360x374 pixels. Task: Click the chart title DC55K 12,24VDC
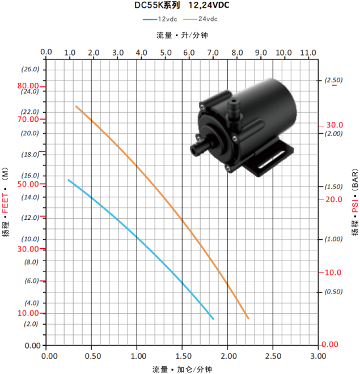pyautogui.click(x=181, y=5)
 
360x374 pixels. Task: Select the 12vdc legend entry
pyautogui.click(x=160, y=19)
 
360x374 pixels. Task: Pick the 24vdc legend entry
pyautogui.click(x=200, y=19)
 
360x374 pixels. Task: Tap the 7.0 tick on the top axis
pyautogui.click(x=213, y=53)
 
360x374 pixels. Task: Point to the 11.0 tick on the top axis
pyautogui.click(x=308, y=53)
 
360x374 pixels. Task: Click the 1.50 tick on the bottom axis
pyautogui.click(x=184, y=356)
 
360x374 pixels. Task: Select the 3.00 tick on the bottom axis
pyautogui.click(x=318, y=356)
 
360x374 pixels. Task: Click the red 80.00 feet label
pyautogui.click(x=28, y=86)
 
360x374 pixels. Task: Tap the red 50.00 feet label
pyautogui.click(x=28, y=184)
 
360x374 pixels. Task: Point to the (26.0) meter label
pyautogui.click(x=30, y=69)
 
